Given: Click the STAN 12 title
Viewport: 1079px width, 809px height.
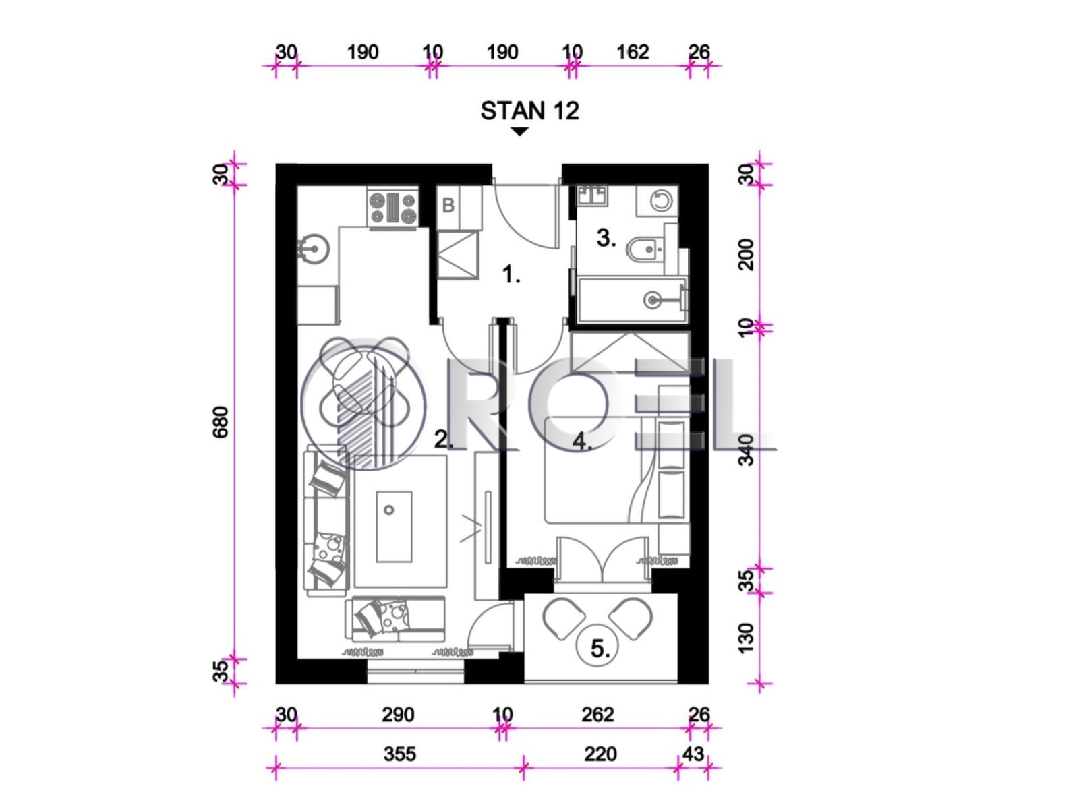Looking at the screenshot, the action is [529, 111].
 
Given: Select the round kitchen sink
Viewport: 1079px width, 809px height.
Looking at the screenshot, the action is [313, 249].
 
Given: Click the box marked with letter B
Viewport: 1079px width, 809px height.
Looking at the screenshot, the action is [448, 206].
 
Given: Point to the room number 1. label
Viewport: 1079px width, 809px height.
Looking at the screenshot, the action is [511, 274].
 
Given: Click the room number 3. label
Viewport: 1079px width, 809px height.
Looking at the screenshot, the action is [606, 238].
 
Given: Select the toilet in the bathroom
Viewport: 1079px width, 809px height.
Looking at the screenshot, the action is [644, 249].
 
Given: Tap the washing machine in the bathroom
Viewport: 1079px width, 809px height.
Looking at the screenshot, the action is [658, 201].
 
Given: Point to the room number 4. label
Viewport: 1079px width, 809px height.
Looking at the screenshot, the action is [582, 441].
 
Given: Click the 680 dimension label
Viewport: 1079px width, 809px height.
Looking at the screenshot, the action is [221, 422].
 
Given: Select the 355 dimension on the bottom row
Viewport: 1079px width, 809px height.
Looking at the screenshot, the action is [400, 754].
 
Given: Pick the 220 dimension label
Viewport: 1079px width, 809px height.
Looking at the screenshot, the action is [600, 754].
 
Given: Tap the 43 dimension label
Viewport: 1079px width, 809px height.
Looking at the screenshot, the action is [693, 753].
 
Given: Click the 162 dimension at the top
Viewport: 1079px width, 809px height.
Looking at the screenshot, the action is [633, 52].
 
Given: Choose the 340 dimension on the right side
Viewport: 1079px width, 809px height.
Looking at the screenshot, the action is [747, 450].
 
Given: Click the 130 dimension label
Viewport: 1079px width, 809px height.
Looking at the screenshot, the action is [747, 638].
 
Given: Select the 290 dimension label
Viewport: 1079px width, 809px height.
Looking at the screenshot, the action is [398, 714].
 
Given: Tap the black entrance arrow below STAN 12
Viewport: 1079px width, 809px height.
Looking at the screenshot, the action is [519, 131].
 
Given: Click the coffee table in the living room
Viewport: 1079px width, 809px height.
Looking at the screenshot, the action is [394, 527].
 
